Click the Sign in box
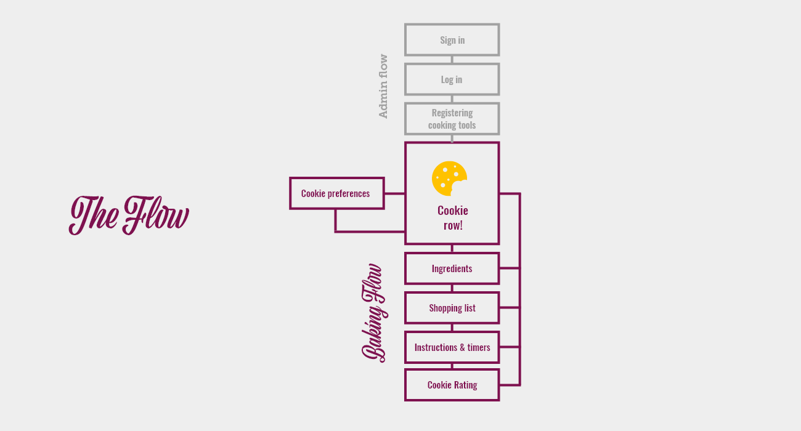click(x=452, y=40)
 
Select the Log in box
click(x=452, y=79)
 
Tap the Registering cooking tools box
click(x=452, y=119)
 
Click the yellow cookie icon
click(x=449, y=179)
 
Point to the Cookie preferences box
click(x=336, y=193)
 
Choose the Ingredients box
click(x=452, y=268)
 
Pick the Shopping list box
click(x=452, y=308)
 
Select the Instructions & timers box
click(x=452, y=347)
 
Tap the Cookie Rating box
click(x=452, y=385)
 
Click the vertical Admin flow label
click(x=383, y=86)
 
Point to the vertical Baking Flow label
click(x=373, y=313)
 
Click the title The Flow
click(x=129, y=215)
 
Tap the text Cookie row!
click(x=453, y=218)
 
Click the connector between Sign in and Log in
click(x=452, y=60)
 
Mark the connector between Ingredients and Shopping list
click(x=452, y=288)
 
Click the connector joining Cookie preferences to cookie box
click(x=394, y=193)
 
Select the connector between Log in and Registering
click(x=452, y=99)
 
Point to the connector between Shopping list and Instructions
click(x=452, y=328)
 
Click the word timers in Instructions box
click(x=479, y=347)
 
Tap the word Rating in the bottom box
click(x=465, y=385)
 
